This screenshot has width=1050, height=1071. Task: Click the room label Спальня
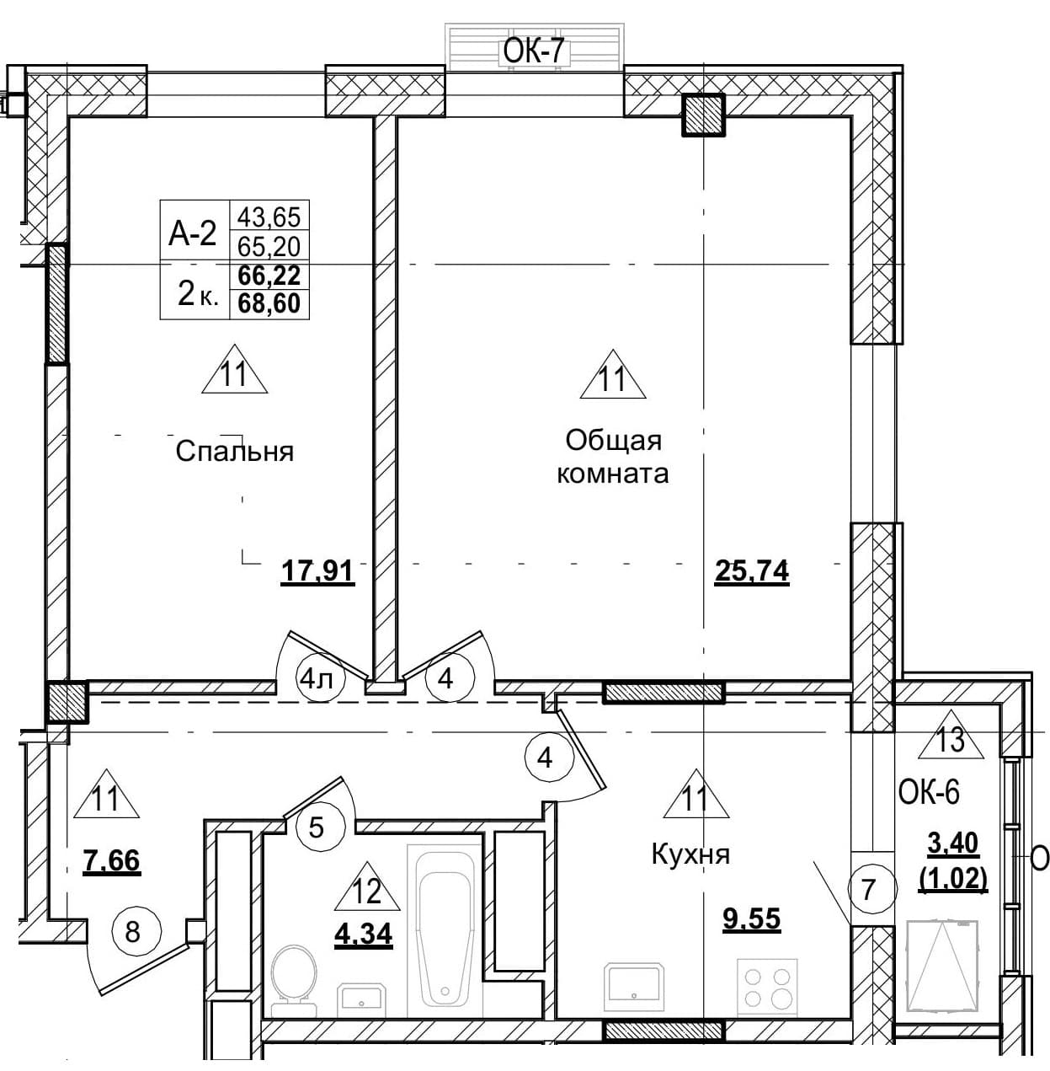pos(234,452)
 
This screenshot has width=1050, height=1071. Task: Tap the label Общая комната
pos(613,458)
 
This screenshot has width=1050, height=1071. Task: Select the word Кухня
pos(690,854)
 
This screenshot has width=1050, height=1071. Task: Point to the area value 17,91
pos(317,572)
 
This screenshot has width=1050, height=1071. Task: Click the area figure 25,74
pos(752,572)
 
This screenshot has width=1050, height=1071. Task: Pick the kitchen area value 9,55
pos(752,918)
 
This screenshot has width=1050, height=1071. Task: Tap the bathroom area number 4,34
pos(364,934)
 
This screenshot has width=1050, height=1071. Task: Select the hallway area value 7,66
pos(112,862)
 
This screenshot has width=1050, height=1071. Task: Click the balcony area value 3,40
pos(953,843)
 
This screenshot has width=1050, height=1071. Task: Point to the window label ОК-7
pos(534,53)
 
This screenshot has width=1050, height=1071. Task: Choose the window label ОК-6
pos(930,793)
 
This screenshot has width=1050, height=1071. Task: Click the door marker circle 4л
pos(322,679)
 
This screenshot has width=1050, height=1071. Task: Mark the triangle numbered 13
pos(951,736)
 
